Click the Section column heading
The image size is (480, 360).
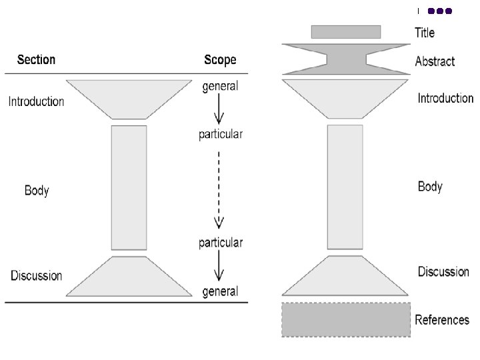(x=37, y=60)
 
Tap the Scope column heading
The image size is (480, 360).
(x=220, y=60)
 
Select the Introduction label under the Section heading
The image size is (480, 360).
(x=36, y=102)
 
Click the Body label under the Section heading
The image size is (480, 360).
(x=37, y=191)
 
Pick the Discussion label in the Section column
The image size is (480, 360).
(x=37, y=276)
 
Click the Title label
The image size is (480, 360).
(x=425, y=32)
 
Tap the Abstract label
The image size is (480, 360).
(x=435, y=61)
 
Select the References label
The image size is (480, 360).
(x=442, y=320)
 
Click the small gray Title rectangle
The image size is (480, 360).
(x=346, y=32)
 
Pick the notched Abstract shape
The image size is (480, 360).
(x=345, y=59)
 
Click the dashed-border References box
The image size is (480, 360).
(x=346, y=320)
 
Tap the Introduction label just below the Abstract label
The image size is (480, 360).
(x=445, y=99)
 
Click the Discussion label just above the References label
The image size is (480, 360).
(x=443, y=272)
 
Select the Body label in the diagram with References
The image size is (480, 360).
(x=430, y=187)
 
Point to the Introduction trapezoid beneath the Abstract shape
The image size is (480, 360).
(x=345, y=98)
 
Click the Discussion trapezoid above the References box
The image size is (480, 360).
(x=345, y=277)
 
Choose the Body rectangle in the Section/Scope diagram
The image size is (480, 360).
(x=129, y=187)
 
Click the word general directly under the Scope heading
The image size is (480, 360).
(x=220, y=87)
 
